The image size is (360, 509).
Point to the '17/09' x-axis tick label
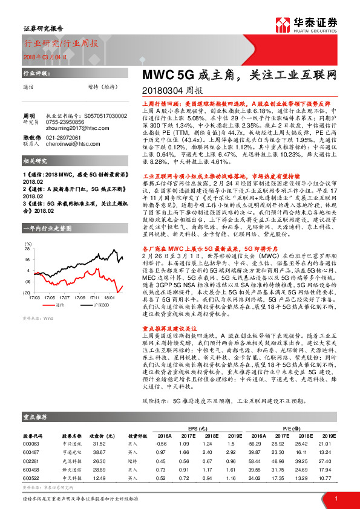pyautogui.click(x=79, y=297)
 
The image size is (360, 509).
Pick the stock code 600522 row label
pyautogui.click(x=31, y=478)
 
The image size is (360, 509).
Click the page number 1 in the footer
pyautogui.click(x=335, y=498)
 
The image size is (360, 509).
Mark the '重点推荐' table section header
pyautogui.click(x=35, y=417)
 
